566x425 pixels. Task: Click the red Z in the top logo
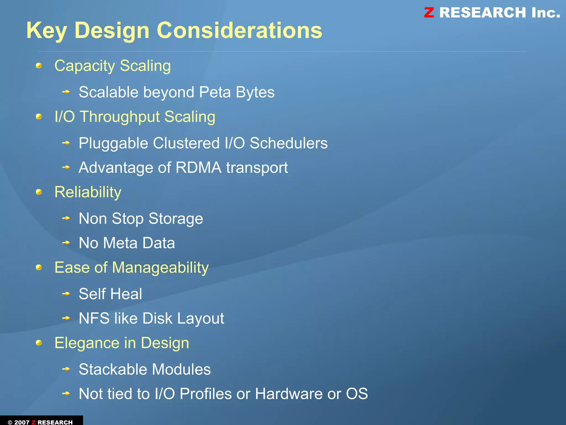pyautogui.click(x=429, y=13)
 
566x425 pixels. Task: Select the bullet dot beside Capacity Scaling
pyautogui.click(x=39, y=66)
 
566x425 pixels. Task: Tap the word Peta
pyautogui.click(x=215, y=92)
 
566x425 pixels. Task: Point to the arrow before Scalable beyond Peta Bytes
pyautogui.click(x=66, y=92)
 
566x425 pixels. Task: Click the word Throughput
pyautogui.click(x=120, y=117)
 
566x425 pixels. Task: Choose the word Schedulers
pyautogui.click(x=289, y=143)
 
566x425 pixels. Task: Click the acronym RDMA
pyautogui.click(x=198, y=168)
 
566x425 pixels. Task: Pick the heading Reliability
pyautogui.click(x=88, y=192)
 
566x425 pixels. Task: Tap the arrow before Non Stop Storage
pyautogui.click(x=66, y=218)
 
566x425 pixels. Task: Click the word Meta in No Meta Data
pyautogui.click(x=120, y=243)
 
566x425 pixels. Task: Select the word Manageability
pyautogui.click(x=160, y=268)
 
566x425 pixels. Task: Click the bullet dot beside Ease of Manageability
pyautogui.click(x=39, y=267)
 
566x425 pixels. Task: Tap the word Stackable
pyautogui.click(x=113, y=369)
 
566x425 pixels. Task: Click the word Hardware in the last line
pyautogui.click(x=289, y=394)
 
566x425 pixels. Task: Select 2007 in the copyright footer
pyautogui.click(x=22, y=422)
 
